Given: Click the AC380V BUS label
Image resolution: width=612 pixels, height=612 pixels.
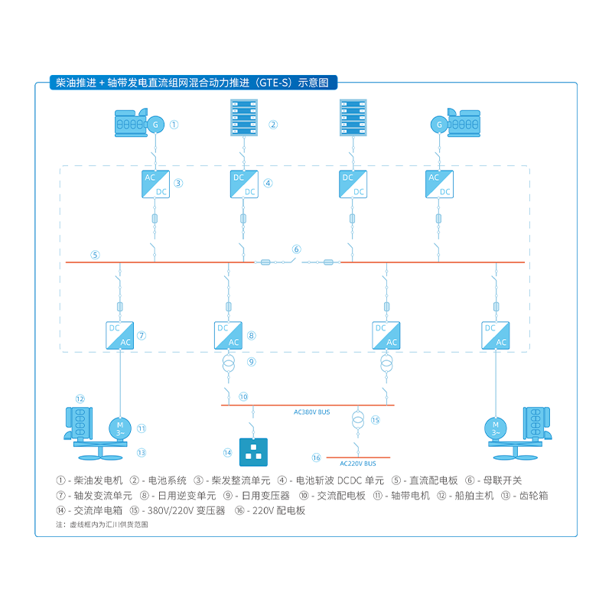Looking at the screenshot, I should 312,412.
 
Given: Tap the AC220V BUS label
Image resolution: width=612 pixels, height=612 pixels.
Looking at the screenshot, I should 358,464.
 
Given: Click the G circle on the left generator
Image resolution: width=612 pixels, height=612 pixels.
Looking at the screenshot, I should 155,124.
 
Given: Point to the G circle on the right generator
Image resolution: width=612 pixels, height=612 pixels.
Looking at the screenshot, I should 439,124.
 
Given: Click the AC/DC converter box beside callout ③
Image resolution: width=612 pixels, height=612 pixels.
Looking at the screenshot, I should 155,184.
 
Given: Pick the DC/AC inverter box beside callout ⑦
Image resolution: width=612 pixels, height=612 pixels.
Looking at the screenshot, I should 120,335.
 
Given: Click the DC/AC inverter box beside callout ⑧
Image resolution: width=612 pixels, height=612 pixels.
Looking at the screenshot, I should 227,335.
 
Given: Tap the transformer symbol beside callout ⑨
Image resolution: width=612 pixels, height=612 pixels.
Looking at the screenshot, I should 227,363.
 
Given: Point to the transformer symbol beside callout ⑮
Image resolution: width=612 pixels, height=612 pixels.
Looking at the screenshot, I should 357,421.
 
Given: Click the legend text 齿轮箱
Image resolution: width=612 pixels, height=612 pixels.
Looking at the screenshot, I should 534,496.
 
